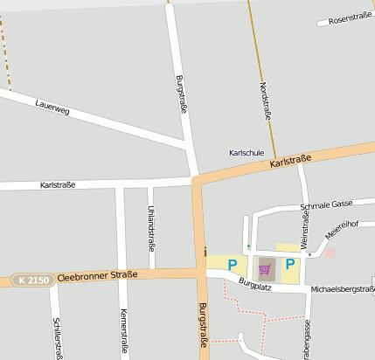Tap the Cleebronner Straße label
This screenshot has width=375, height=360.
tap(98, 276)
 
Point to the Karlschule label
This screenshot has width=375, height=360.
tap(246, 152)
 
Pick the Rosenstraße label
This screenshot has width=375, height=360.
tap(350, 18)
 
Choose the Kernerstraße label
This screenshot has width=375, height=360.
tap(123, 325)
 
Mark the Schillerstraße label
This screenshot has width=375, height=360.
tap(58, 336)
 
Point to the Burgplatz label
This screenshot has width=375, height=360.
tap(256, 284)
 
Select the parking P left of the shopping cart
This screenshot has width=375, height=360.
tap(233, 264)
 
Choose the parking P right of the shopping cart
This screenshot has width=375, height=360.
tap(290, 264)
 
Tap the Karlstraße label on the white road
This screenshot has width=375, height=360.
tap(58, 185)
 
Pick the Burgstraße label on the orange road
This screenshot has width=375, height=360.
tap(203, 325)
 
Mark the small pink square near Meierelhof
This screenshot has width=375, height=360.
tap(330, 253)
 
